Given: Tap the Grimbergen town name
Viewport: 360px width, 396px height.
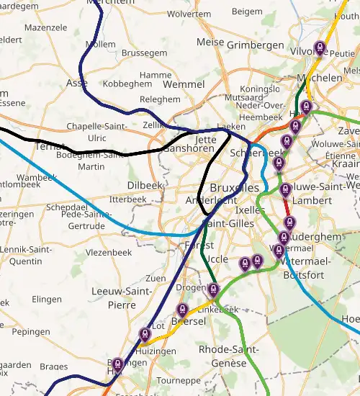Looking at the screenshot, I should [256, 45].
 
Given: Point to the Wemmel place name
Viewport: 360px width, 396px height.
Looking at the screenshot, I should [184, 85].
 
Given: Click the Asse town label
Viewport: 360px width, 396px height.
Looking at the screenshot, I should [77, 84].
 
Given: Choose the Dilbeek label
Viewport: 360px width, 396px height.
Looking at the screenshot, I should [145, 185].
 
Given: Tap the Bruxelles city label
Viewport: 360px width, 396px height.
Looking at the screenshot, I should [234, 188].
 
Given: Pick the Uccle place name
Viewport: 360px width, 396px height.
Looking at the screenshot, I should [217, 259].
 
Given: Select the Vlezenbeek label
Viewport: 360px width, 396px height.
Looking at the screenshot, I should [107, 253].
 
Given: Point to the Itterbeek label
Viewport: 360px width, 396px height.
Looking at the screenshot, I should [128, 199].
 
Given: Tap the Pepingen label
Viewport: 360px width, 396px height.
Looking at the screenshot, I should [31, 333].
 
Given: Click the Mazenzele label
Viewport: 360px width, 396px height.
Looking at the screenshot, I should [45, 27].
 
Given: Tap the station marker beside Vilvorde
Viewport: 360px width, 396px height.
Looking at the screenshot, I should [320, 49].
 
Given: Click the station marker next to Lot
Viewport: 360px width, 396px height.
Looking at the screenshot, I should [145, 334].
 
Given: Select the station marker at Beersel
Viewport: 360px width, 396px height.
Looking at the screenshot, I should [182, 310].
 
